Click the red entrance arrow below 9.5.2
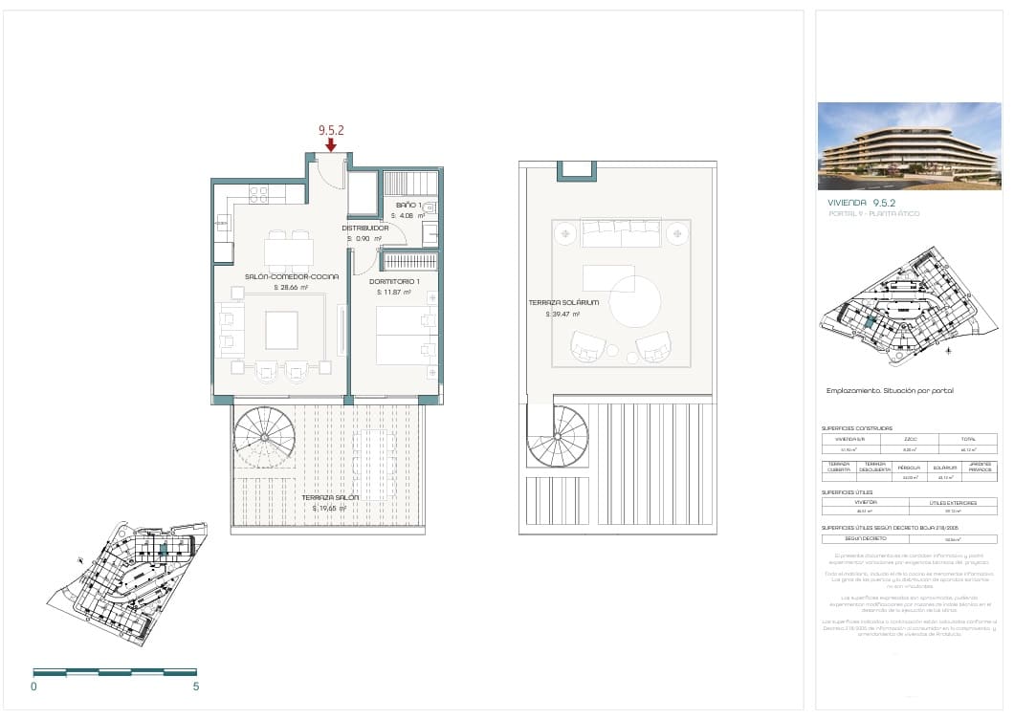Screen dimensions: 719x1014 (330, 145)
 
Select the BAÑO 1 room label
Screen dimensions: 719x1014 (408, 206)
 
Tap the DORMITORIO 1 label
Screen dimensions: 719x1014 (393, 281)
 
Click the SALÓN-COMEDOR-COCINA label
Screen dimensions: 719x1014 (292, 276)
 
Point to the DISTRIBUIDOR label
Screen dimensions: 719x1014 (365, 229)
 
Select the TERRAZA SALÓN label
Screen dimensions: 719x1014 (330, 498)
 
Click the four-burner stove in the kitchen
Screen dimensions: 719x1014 (258, 194)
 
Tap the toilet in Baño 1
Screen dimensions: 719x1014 (430, 207)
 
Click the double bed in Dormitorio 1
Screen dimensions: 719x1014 (406, 335)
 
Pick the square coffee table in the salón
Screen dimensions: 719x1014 (281, 330)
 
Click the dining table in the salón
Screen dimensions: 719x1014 (288, 251)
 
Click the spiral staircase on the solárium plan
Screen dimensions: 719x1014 (559, 436)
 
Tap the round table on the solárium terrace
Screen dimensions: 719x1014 (635, 301)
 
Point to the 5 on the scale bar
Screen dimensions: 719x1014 (195, 686)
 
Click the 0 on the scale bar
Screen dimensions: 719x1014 (33, 686)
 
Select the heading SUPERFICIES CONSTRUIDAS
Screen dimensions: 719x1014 (856, 428)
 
